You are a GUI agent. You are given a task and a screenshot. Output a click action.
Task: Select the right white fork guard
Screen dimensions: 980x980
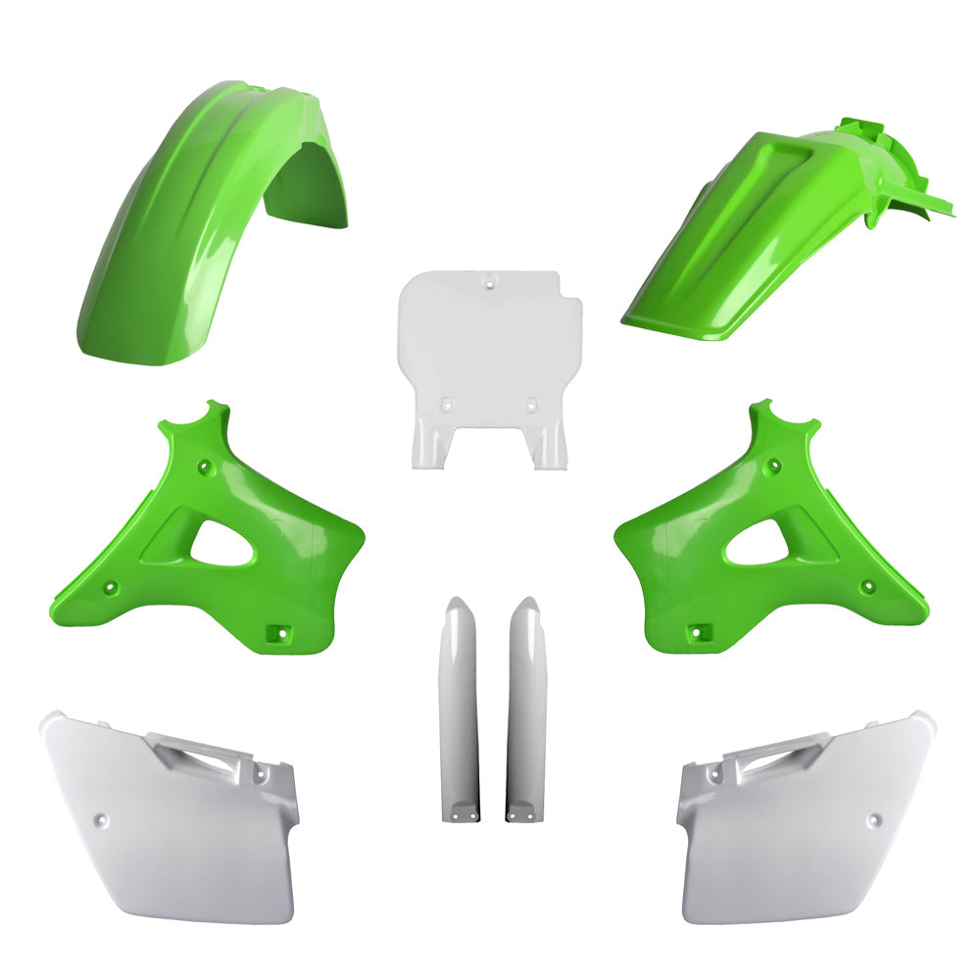(525, 706)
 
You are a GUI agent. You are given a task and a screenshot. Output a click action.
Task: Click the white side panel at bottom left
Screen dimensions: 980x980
(167, 823)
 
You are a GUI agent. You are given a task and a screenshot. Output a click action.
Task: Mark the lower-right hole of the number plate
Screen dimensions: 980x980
(531, 403)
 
